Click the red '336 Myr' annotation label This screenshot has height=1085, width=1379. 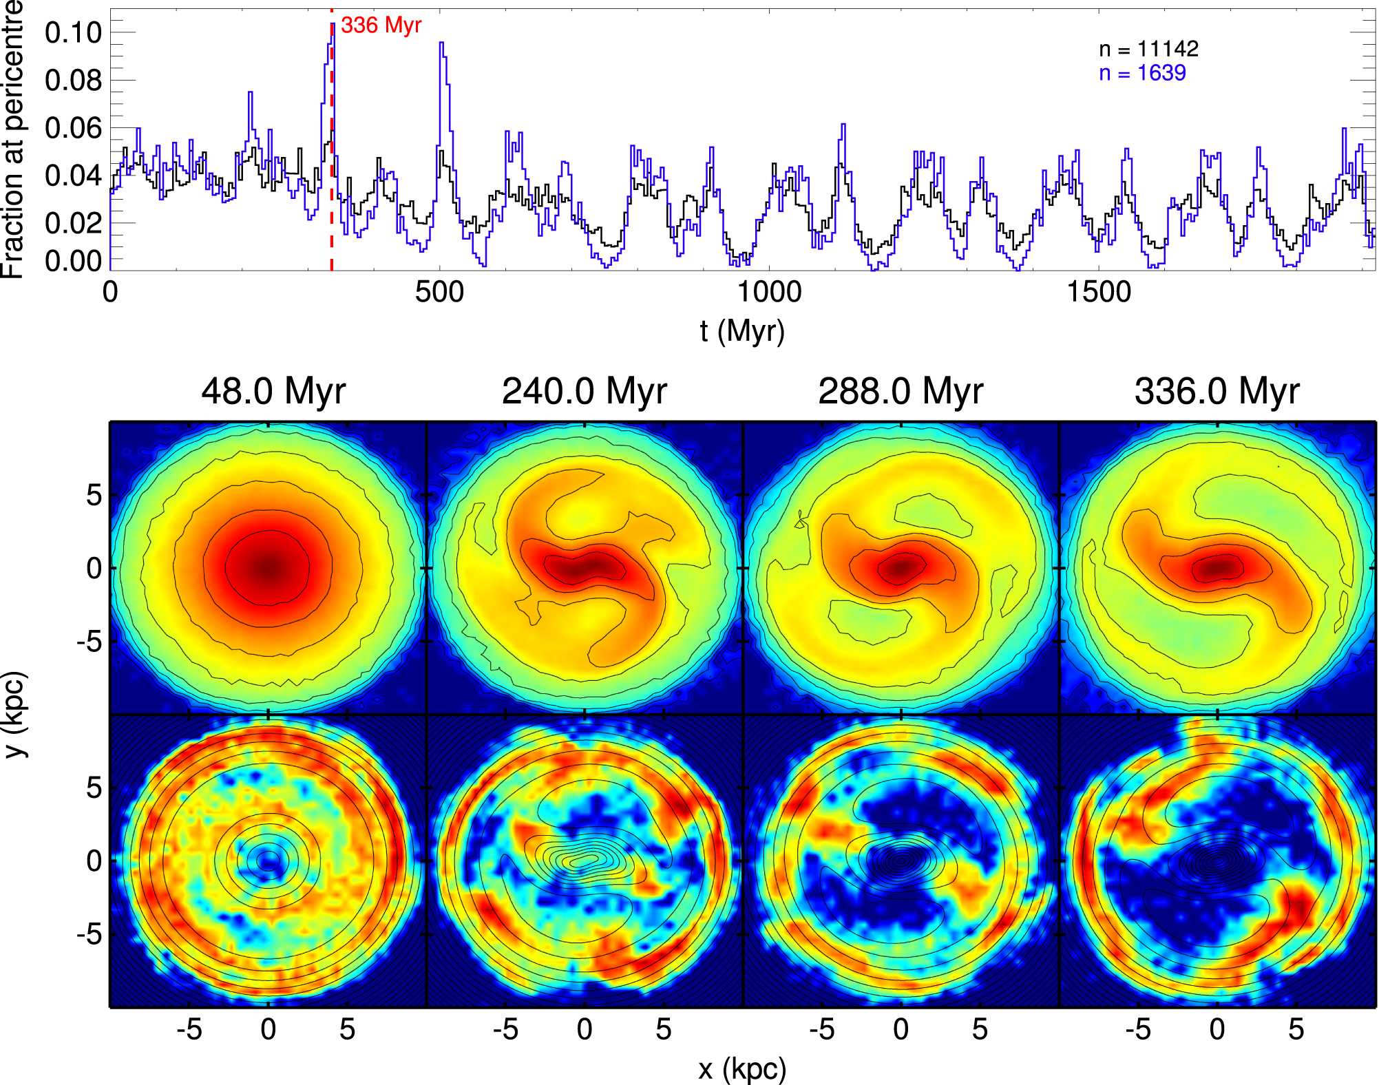(381, 25)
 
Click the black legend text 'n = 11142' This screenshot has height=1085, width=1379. (1148, 49)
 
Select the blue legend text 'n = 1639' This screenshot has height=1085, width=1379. (1142, 73)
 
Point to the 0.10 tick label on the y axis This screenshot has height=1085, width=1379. (73, 32)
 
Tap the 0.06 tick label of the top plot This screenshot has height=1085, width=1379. (73, 127)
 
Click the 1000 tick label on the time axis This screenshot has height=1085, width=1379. (769, 292)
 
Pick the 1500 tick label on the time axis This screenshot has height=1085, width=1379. (1099, 292)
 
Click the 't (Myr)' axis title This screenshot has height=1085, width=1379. (742, 331)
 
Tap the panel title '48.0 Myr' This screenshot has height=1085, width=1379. (273, 391)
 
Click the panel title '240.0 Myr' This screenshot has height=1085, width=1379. (585, 391)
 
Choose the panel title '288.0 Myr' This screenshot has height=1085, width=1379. (901, 391)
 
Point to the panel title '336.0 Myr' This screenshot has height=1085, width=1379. (1217, 391)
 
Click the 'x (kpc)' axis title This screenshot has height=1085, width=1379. (742, 1068)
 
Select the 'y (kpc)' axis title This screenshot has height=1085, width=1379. (15, 715)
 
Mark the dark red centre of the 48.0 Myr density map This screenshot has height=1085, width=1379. (269, 568)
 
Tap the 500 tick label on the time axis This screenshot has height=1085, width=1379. (439, 292)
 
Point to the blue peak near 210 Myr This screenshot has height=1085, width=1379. (251, 93)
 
